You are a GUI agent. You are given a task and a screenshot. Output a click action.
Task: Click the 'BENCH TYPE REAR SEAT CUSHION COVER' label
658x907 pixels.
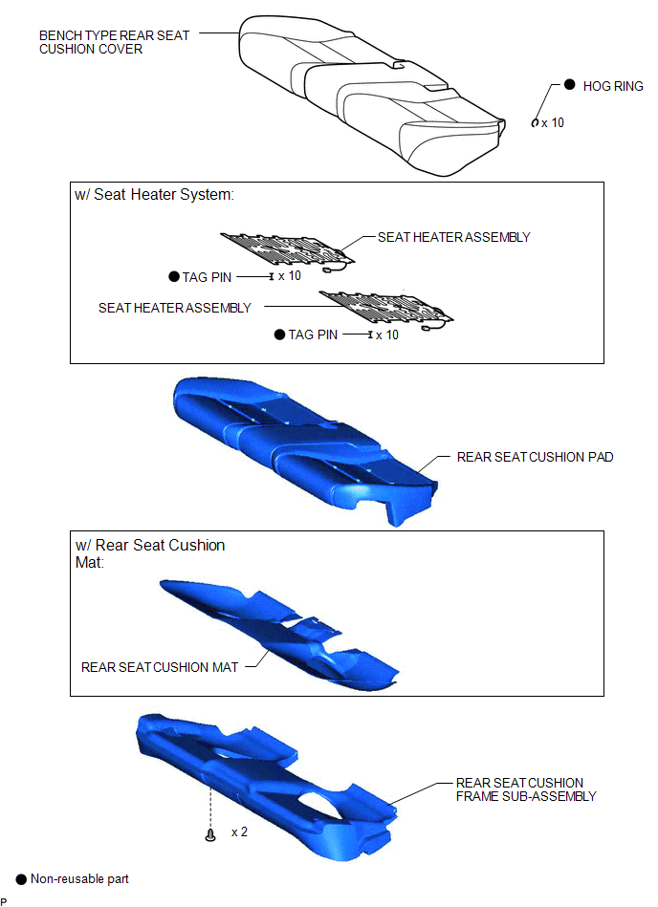114,42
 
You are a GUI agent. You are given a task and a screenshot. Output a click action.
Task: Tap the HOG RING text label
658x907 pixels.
613,86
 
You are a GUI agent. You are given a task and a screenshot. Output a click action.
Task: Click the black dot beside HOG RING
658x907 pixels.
569,84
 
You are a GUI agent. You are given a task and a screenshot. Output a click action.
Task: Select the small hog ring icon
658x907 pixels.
535,122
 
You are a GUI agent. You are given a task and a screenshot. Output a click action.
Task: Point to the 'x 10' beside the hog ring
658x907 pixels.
553,122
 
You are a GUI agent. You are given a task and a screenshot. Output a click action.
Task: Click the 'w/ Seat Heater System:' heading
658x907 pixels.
155,195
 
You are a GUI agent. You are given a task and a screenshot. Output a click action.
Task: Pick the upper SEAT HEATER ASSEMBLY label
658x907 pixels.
453,237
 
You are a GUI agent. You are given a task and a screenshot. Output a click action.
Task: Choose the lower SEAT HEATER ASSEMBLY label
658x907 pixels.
175,308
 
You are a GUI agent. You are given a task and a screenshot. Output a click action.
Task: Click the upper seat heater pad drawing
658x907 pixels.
288,249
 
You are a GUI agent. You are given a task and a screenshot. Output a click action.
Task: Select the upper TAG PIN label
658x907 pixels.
207,277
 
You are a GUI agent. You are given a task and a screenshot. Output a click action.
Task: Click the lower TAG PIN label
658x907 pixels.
313,335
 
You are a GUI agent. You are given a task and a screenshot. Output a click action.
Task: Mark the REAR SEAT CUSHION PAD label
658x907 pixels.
535,457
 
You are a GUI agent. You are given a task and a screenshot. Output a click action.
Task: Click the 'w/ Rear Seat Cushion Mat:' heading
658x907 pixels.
150,553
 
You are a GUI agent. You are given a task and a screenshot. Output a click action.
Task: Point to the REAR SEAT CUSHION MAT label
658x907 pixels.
160,667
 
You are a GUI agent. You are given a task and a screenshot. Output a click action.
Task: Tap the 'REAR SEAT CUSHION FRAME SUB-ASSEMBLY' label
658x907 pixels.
525,789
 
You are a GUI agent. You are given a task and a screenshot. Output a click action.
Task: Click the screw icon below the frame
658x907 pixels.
210,834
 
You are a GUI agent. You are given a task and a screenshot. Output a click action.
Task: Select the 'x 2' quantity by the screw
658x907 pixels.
240,831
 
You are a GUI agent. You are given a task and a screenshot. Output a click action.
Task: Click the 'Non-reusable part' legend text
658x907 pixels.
79,878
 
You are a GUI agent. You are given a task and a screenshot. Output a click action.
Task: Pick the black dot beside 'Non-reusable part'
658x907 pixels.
21,879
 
